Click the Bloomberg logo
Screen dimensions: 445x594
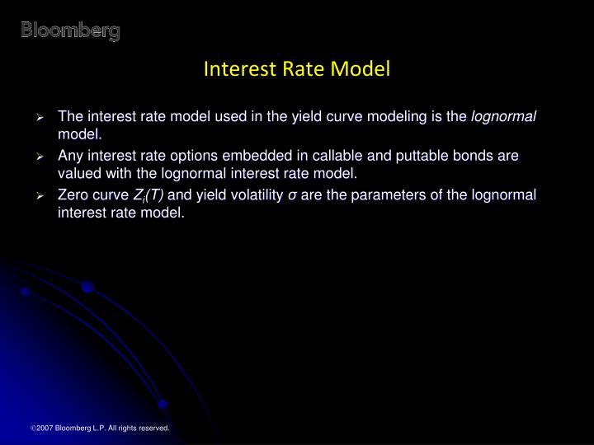(70, 31)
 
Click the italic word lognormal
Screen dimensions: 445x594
(503, 116)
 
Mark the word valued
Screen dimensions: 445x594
(77, 173)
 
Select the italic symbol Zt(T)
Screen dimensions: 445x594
(148, 195)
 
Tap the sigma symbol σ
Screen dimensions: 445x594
(292, 195)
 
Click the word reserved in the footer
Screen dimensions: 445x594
(152, 429)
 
